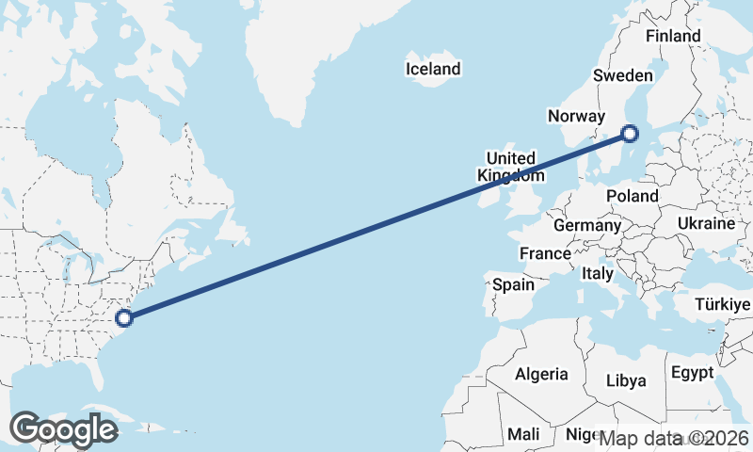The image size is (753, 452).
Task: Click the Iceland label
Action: [433, 69]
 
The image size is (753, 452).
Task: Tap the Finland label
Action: [673, 36]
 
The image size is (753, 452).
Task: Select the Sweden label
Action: [623, 76]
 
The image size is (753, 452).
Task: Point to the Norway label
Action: [575, 117]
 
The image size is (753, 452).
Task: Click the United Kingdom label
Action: [510, 167]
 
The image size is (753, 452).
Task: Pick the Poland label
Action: [633, 196]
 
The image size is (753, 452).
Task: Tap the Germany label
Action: [587, 226]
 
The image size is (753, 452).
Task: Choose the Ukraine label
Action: [705, 224]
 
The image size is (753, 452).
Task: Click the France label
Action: [545, 253]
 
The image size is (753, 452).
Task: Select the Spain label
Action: [513, 284]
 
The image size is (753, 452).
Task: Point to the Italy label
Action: [598, 274]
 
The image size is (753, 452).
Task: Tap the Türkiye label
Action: [722, 304]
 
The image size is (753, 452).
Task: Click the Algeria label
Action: [541, 374]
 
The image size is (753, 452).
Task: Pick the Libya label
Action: [626, 380]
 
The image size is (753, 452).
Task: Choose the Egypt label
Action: [694, 373]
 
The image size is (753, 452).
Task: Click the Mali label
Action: [522, 434]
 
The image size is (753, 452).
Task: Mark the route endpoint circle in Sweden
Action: [630, 134]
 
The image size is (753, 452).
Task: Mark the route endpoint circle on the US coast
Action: [123, 317]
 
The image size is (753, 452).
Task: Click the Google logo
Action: [63, 429]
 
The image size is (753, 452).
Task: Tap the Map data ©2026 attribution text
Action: [674, 439]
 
